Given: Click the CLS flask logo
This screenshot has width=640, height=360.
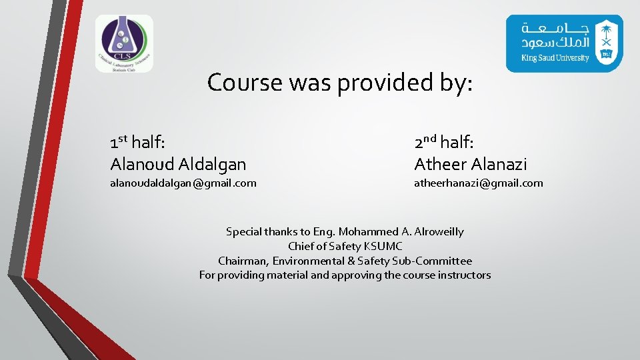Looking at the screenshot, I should pyautogui.click(x=124, y=43).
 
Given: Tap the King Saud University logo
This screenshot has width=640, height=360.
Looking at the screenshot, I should pyautogui.click(x=564, y=43).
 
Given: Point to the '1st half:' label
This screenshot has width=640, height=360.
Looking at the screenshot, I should pyautogui.click(x=138, y=142).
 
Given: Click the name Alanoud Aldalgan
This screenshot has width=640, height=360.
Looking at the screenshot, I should pyautogui.click(x=178, y=163).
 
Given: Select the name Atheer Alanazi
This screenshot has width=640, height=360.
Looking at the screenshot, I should pyautogui.click(x=471, y=163).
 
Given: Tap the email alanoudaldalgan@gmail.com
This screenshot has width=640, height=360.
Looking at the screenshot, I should pyautogui.click(x=183, y=183).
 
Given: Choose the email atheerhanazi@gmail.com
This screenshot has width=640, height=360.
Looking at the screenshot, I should pyautogui.click(x=479, y=183).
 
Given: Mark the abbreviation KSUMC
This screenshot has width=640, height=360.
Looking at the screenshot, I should pyautogui.click(x=383, y=247).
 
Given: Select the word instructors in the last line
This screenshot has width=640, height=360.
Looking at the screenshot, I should pyautogui.click(x=464, y=275).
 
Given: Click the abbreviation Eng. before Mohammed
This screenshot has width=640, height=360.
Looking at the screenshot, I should pyautogui.click(x=325, y=232).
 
